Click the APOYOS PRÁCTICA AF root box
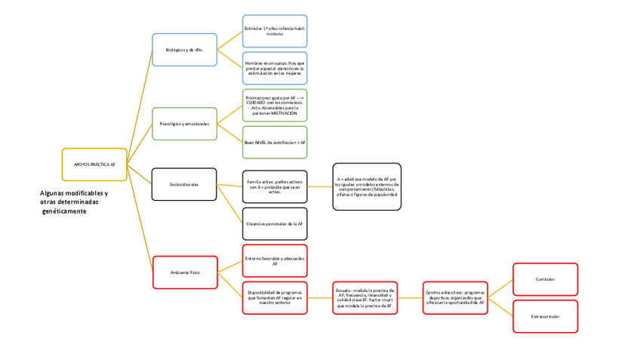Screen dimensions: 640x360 (94, 165)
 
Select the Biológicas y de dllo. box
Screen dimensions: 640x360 (184, 49)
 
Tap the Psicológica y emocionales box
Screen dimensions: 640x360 (184, 123)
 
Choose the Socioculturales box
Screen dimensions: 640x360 (184, 184)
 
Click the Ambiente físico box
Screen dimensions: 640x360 (184, 272)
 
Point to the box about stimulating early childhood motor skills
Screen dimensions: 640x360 (275, 31)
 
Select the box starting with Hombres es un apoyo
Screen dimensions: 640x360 (275, 68)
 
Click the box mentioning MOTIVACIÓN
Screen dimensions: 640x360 (275, 105)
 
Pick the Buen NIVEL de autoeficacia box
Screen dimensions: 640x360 (275, 142)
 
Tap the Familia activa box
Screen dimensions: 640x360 (275, 186)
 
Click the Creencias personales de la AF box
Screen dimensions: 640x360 (275, 223)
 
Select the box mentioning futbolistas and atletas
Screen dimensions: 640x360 (367, 186)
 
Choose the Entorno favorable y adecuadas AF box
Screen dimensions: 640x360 (275, 260)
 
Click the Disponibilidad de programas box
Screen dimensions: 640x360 (275, 297)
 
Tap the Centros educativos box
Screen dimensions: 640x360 (454, 297)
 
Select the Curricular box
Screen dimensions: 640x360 (545, 279)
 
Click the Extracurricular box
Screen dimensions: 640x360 (545, 316)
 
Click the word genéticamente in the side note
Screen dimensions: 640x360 (65, 211)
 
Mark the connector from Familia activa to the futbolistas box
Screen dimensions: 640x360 (320, 186)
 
